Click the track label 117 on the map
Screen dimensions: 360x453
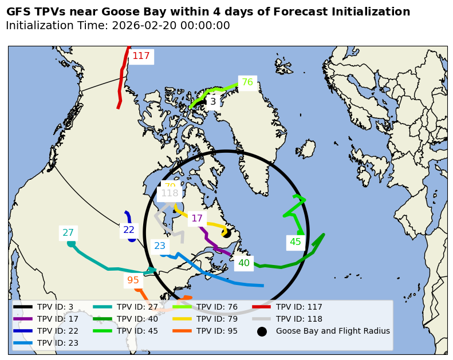(x=141, y=56)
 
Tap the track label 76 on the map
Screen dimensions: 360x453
(x=247, y=82)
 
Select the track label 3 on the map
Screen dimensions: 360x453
(x=212, y=102)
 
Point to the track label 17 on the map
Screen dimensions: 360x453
(x=197, y=219)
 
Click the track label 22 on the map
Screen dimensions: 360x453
(x=129, y=230)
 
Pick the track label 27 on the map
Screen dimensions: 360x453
(x=68, y=233)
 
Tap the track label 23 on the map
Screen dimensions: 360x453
(x=160, y=246)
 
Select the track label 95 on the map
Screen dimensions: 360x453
(x=133, y=280)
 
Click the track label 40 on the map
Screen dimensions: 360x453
(x=244, y=263)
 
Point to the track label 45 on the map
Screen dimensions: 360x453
(x=295, y=242)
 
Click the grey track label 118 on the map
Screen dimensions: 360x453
(x=170, y=193)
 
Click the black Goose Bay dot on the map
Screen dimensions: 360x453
(x=226, y=233)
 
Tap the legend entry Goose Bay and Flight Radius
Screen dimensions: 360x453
(x=333, y=331)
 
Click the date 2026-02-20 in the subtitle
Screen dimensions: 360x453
(x=143, y=26)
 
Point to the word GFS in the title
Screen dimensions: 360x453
(x=18, y=12)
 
